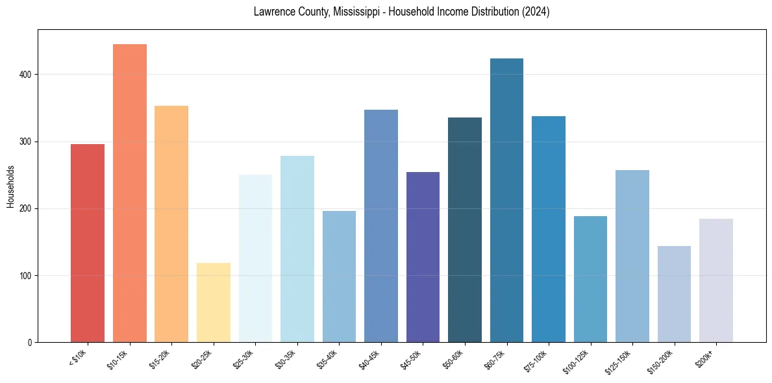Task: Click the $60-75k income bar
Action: point(506,201)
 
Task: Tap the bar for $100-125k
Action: point(590,279)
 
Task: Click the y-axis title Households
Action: point(10,186)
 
